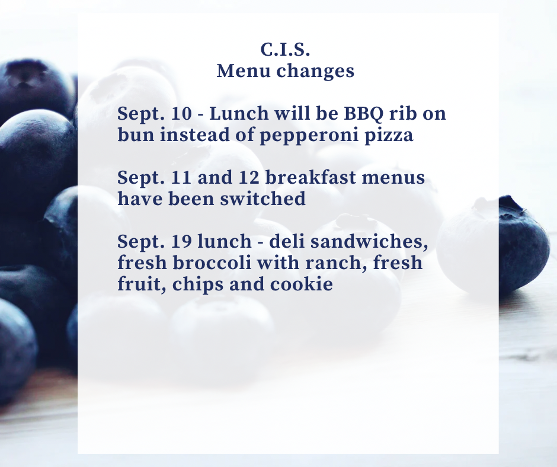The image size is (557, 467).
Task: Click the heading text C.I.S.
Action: coord(285,49)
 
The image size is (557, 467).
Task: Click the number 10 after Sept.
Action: coord(181,113)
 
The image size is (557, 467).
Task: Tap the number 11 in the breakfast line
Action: coord(181,177)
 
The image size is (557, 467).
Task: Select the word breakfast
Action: coord(310,177)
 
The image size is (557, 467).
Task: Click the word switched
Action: coord(263,199)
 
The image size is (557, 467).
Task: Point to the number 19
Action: coord(181,241)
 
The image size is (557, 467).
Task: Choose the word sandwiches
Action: coord(369,242)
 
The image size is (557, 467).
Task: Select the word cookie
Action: coord(301,284)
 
